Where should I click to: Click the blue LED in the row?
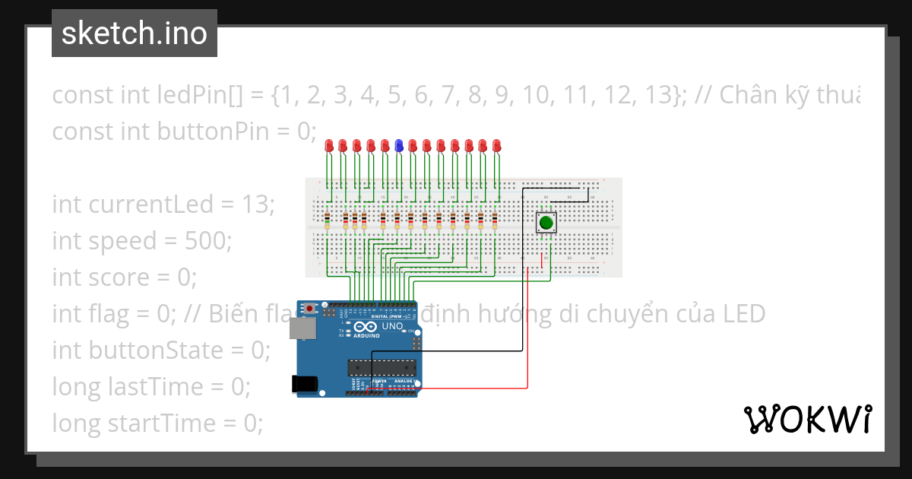[x=398, y=144]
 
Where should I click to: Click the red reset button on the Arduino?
[x=310, y=308]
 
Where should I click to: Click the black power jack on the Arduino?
[x=306, y=384]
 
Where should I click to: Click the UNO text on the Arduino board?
[x=392, y=326]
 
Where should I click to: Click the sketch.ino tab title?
[x=135, y=33]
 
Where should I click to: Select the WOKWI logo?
[x=807, y=420]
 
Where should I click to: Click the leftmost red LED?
[x=329, y=144]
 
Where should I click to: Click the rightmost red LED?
[x=496, y=144]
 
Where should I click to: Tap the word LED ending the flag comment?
[x=743, y=314]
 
